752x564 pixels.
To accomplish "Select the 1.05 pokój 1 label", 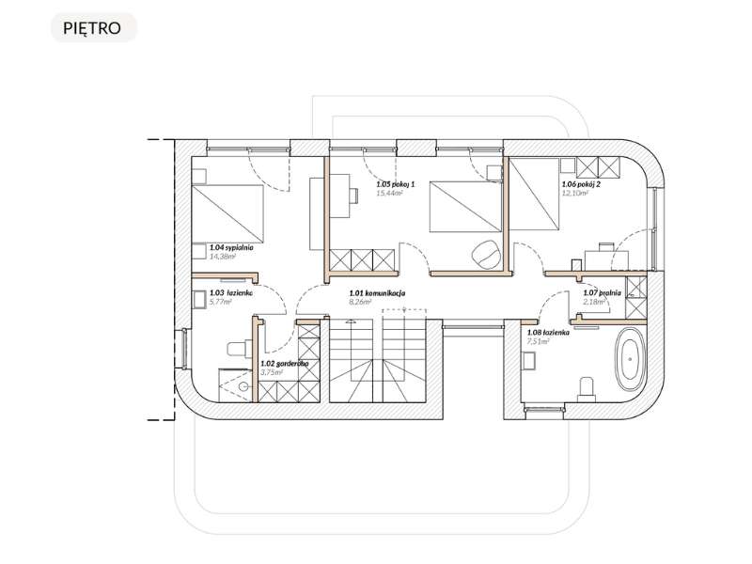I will coord(395,185).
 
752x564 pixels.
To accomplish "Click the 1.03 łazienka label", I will coord(232,293).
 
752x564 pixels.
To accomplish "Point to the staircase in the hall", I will coord(376,362).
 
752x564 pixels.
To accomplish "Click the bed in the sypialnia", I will coord(227,212).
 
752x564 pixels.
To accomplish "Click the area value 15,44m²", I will coord(388,194).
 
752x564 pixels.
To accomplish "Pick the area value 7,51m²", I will coord(538,341).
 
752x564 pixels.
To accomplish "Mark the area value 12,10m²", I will coord(575,194).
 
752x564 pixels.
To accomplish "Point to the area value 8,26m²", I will coord(361,302).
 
